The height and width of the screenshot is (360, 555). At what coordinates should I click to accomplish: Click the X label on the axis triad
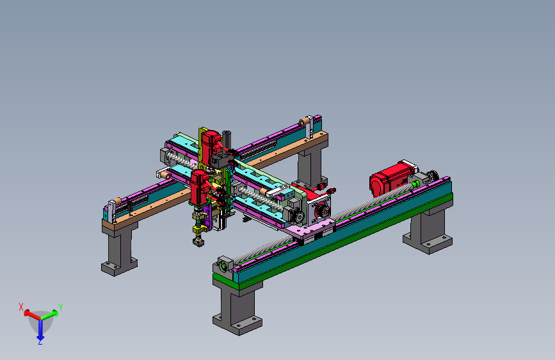point(21,307)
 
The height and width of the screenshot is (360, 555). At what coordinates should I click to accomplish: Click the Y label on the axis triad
point(61,307)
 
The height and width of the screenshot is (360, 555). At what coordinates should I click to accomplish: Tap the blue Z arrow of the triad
point(40,329)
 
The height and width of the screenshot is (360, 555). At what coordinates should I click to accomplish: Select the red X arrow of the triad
point(32,315)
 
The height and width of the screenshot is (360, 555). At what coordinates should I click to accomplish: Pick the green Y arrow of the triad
point(49,315)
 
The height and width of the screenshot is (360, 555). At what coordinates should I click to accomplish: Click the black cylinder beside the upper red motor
point(226,140)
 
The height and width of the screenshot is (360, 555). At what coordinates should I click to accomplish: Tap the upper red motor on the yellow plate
point(211,145)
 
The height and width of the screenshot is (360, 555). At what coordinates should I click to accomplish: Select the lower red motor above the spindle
point(199,187)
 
